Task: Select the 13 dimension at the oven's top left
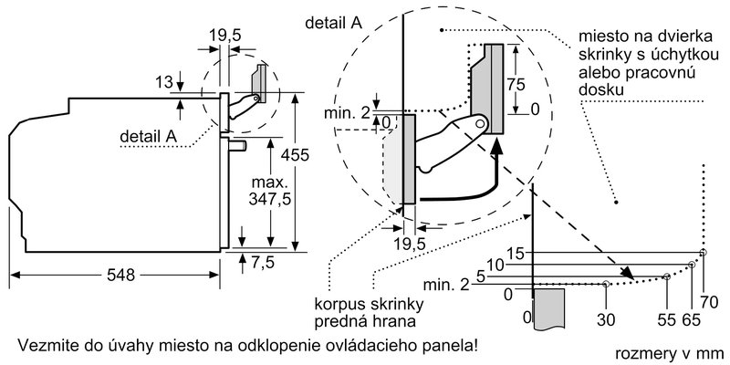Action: tap(163, 84)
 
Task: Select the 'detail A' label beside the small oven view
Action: tap(149, 138)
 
